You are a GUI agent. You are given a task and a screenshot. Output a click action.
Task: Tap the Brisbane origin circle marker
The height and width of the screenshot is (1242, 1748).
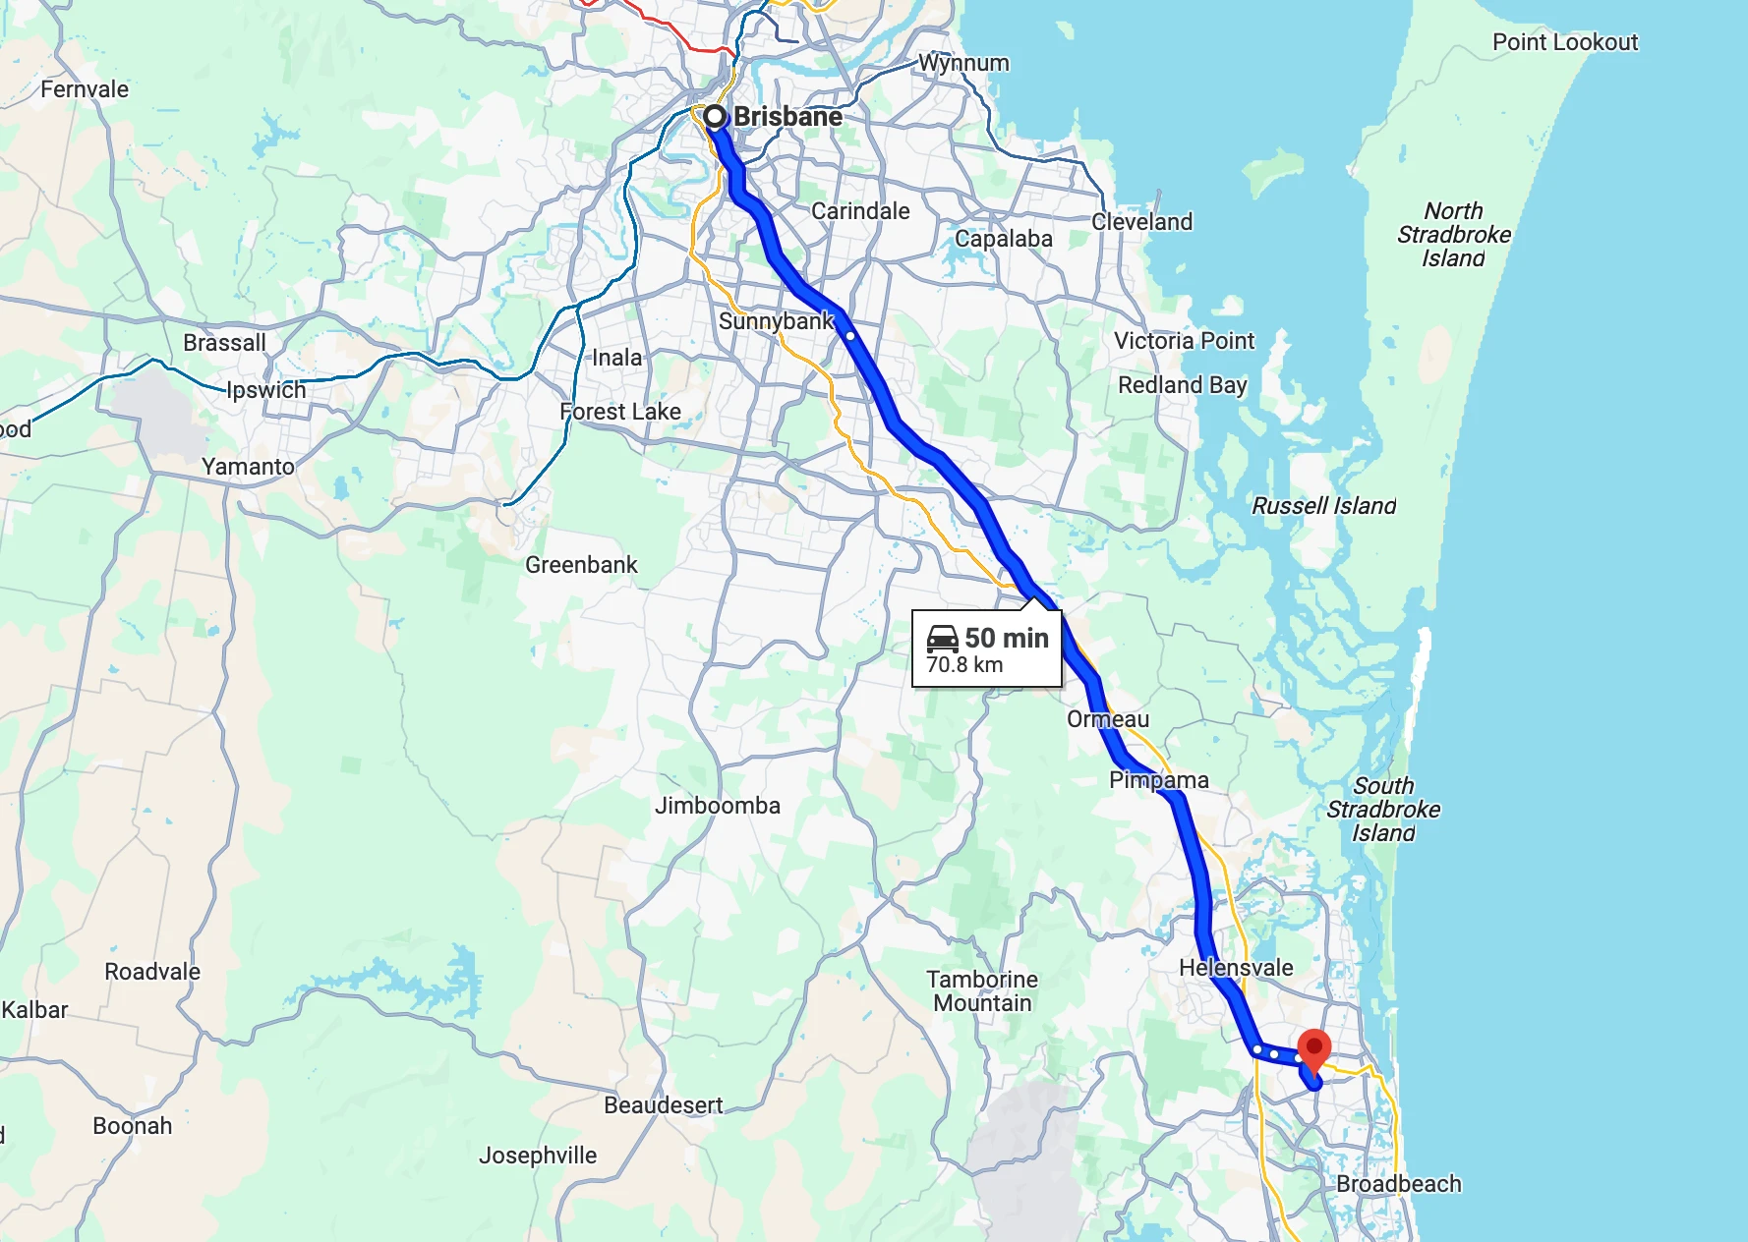point(715,117)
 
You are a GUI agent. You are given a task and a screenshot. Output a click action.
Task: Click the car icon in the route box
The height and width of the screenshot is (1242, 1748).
point(942,639)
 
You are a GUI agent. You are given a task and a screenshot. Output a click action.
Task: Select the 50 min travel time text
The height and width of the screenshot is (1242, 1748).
point(1007,639)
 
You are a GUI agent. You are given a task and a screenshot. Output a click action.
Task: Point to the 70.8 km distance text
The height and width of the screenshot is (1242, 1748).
point(964,665)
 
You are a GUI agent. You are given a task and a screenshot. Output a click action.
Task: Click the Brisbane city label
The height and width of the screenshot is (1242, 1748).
point(787,117)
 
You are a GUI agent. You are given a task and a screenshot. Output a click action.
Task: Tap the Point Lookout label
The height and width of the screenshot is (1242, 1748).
point(1564,42)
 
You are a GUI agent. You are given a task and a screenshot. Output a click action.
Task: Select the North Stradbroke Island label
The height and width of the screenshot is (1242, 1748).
point(1453,235)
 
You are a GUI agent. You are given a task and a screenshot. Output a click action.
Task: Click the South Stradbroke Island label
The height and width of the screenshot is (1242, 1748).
point(1382,810)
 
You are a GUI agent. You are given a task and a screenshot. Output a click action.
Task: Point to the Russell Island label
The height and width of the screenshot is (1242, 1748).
point(1323,506)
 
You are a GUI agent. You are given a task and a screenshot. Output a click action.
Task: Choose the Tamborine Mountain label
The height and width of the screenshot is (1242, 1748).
point(982,991)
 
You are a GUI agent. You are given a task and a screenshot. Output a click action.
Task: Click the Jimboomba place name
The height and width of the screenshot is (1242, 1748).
point(718,806)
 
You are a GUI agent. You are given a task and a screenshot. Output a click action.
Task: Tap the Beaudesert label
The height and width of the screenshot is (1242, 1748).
point(663,1105)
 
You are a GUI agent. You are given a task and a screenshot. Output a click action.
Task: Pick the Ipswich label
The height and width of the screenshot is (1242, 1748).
point(266,390)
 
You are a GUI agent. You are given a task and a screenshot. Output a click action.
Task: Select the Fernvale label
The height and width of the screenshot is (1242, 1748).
point(85,89)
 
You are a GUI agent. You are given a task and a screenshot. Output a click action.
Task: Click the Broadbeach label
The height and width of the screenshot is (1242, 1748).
point(1398,1184)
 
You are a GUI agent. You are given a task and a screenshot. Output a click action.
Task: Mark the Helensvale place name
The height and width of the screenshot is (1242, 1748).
point(1236,968)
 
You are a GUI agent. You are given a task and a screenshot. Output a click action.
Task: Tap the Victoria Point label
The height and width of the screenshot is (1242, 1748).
point(1184,341)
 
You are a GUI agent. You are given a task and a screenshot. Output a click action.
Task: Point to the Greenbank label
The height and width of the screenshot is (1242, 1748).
point(581,565)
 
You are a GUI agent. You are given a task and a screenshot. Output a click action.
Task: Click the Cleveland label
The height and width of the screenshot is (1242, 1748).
point(1141,222)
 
